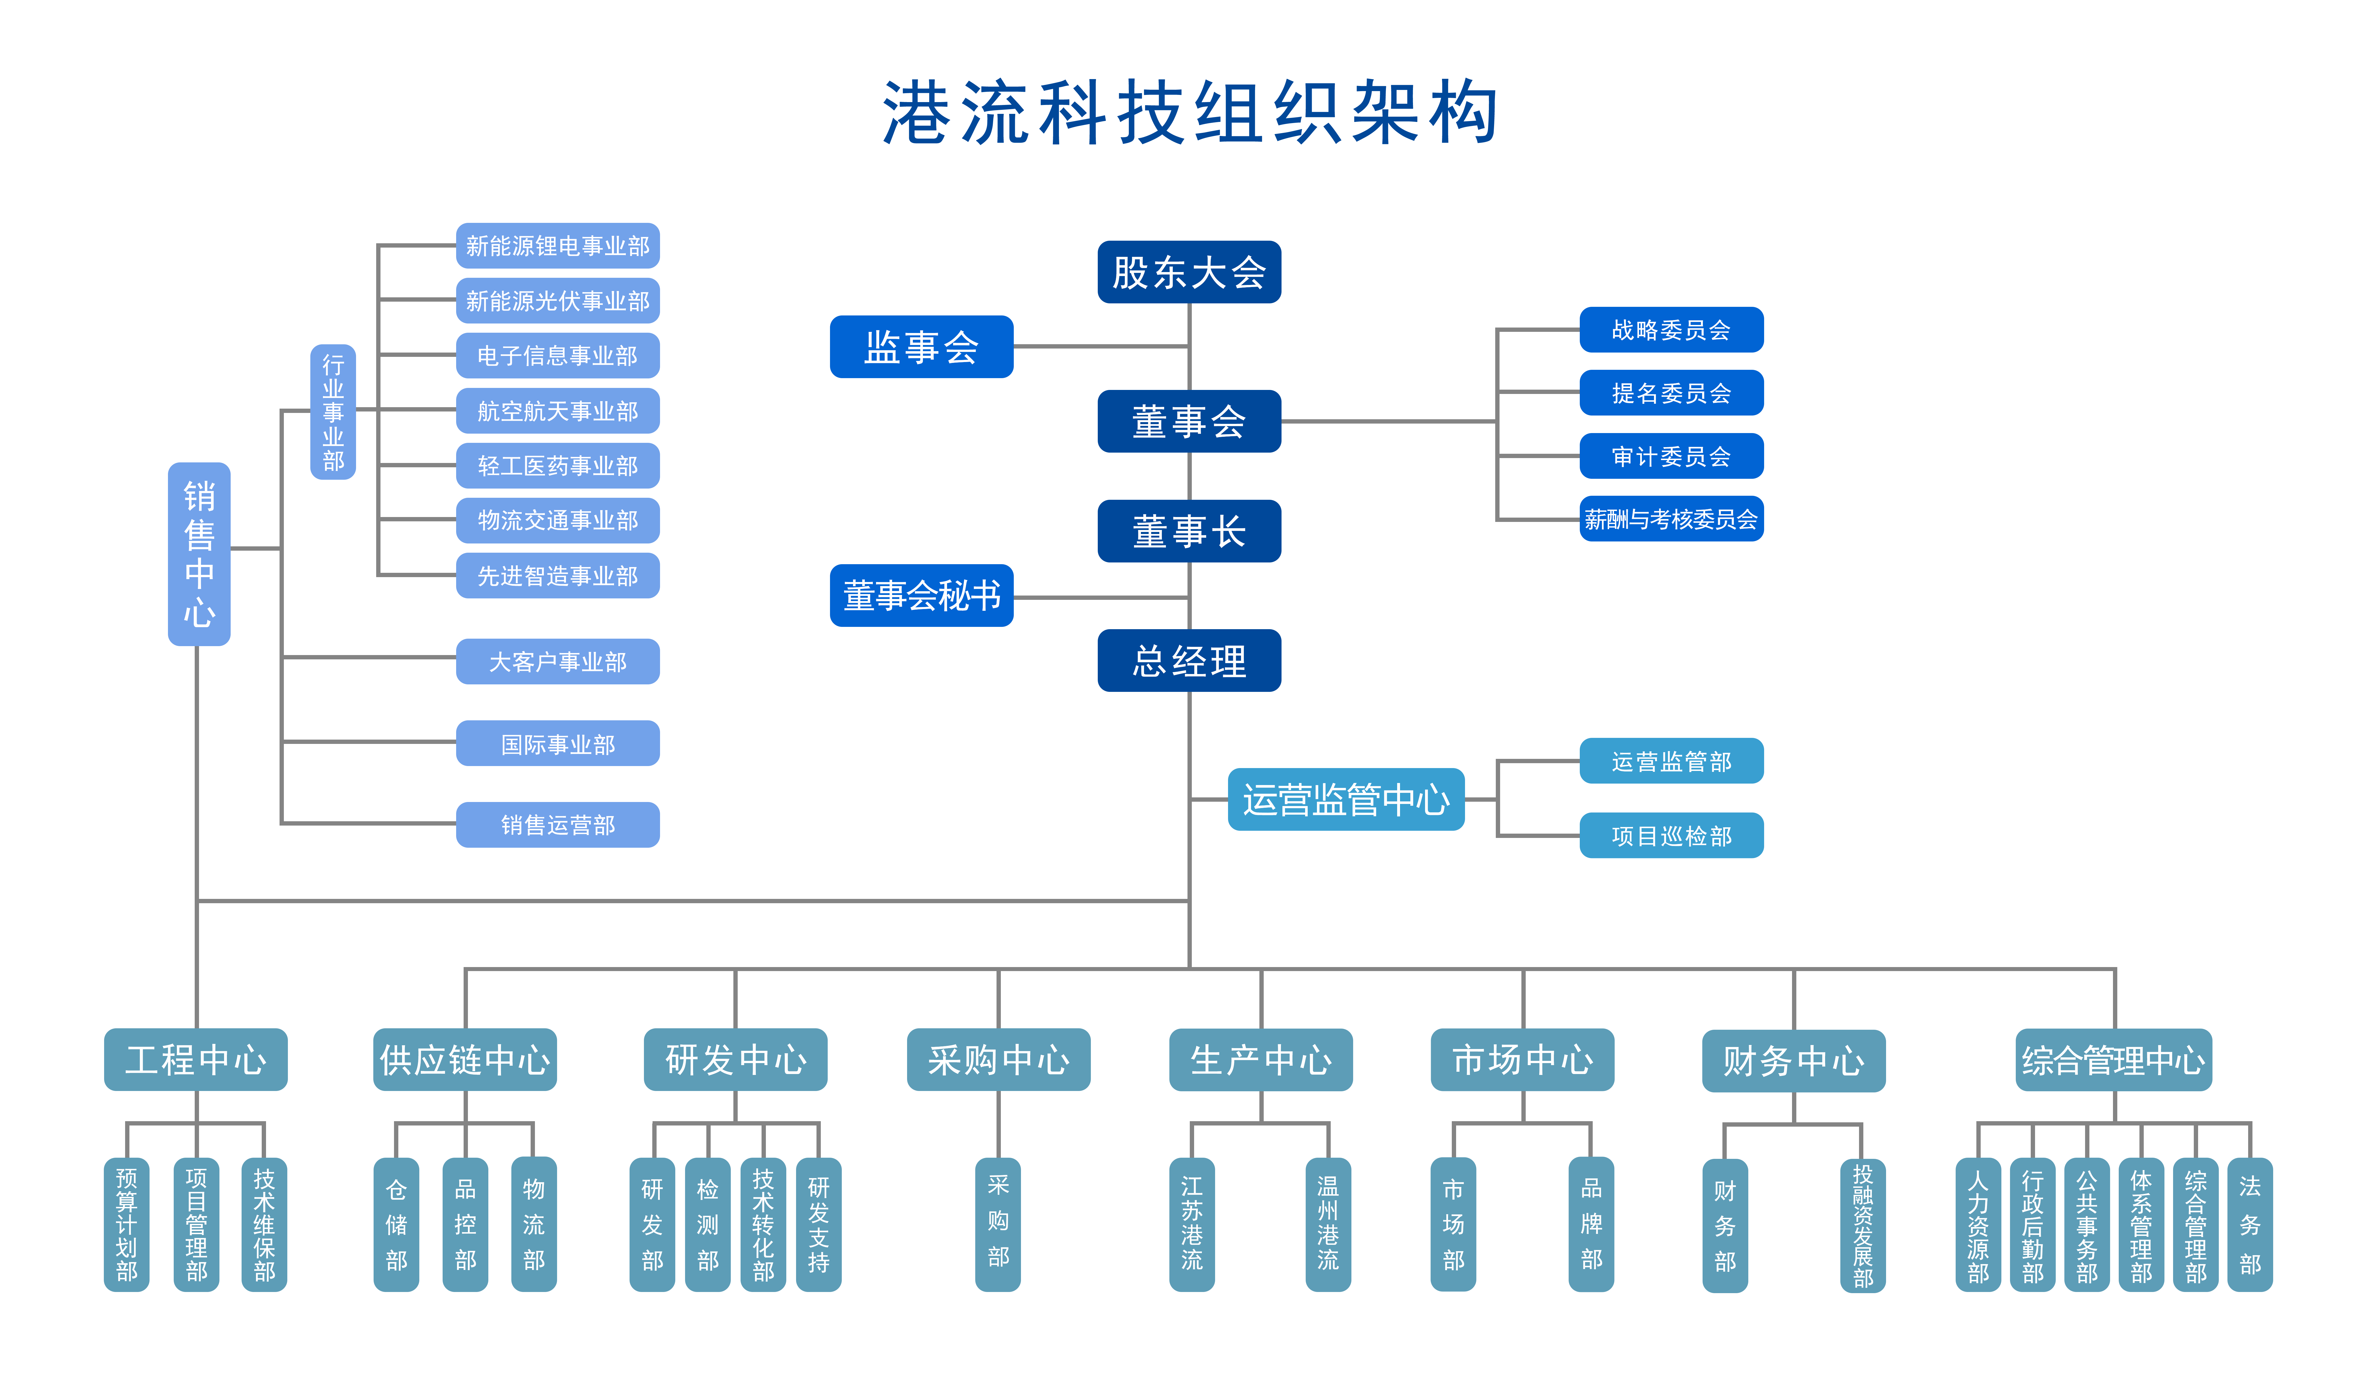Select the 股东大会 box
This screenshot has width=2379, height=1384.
point(1189,272)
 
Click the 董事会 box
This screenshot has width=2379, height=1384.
point(1189,421)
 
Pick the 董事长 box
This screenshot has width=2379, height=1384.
point(1189,531)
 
